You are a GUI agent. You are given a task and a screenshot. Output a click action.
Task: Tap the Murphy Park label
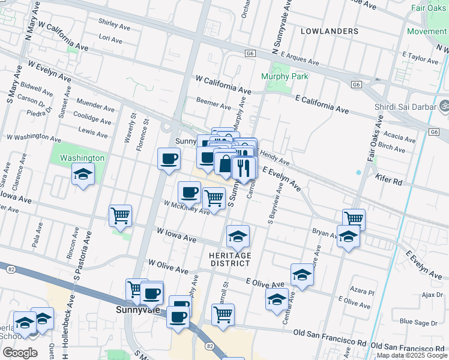(285, 76)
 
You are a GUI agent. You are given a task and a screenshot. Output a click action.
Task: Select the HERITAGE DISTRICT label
(229, 259)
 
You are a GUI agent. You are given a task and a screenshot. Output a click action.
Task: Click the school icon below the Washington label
(83, 175)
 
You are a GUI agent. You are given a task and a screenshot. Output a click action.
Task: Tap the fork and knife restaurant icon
(244, 168)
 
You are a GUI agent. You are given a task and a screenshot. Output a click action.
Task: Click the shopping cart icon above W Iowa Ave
(121, 216)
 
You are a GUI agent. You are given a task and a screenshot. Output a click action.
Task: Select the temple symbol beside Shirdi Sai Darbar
(445, 105)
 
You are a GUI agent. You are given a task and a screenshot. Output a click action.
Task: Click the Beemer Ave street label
(214, 106)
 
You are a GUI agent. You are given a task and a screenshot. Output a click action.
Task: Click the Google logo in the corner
(20, 352)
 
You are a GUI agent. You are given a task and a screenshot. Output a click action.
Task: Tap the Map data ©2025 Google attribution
(412, 355)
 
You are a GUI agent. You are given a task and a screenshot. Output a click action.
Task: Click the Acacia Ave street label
(399, 136)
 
